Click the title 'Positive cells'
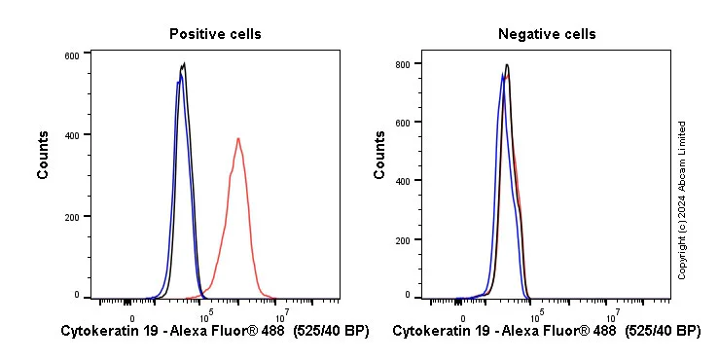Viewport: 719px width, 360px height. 215,34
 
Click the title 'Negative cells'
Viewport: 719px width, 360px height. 547,34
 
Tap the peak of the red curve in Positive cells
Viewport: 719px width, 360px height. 237,138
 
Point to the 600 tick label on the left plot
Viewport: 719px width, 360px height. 72,55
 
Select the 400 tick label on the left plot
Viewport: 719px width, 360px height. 72,134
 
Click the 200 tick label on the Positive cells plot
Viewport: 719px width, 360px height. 72,215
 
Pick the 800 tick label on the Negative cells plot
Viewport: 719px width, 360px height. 401,63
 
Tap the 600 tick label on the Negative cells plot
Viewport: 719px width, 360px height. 401,122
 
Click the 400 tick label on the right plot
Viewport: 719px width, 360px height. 401,180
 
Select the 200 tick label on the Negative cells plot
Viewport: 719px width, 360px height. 401,239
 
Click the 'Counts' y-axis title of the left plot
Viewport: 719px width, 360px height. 44,155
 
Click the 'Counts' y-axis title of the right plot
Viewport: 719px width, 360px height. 379,155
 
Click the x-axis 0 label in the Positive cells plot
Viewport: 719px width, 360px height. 131,316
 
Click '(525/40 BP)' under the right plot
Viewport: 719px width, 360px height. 662,332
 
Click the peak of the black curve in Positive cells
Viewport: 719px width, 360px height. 184,64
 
